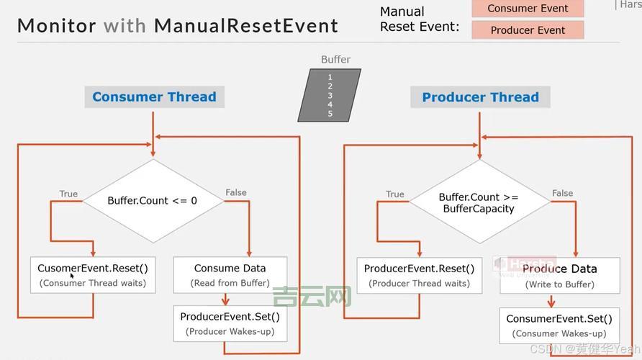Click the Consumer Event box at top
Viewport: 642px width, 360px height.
pyautogui.click(x=528, y=9)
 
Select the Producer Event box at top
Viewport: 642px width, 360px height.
pyautogui.click(x=528, y=30)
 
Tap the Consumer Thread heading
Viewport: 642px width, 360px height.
pyautogui.click(x=154, y=97)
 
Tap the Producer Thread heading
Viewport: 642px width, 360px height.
pyautogui.click(x=480, y=97)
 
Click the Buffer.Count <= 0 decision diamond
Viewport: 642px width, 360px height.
pyautogui.click(x=153, y=201)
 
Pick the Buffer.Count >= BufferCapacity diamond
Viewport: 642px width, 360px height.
pyautogui.click(x=479, y=202)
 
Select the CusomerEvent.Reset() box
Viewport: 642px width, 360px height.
pyautogui.click(x=93, y=274)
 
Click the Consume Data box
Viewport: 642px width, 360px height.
pyautogui.click(x=230, y=274)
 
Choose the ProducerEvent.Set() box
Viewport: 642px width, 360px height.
pyautogui.click(x=230, y=323)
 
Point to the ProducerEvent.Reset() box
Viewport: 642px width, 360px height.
pyautogui.click(x=419, y=275)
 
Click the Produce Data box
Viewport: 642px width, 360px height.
pyautogui.click(x=559, y=276)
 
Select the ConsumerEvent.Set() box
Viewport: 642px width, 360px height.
pyautogui.click(x=559, y=325)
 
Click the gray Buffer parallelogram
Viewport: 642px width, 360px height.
pyautogui.click(x=330, y=95)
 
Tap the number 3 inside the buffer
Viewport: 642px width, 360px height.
pyautogui.click(x=330, y=95)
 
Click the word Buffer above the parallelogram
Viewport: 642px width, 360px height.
pyautogui.click(x=335, y=60)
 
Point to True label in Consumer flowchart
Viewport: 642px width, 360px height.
pyautogui.click(x=68, y=194)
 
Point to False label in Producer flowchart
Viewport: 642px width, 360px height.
pyautogui.click(x=562, y=193)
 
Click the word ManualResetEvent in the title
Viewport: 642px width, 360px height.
pyautogui.click(x=246, y=27)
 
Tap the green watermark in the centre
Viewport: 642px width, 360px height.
pyautogui.click(x=312, y=295)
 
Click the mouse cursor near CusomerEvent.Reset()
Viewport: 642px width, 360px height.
pyautogui.click(x=72, y=275)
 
